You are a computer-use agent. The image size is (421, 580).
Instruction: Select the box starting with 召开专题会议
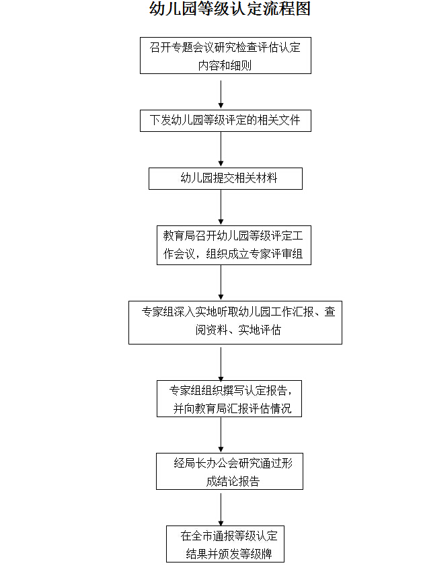[x=225, y=56]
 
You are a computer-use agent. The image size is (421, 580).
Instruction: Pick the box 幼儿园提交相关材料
[x=225, y=178]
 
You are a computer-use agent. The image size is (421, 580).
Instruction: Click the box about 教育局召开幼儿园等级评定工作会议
[x=234, y=245]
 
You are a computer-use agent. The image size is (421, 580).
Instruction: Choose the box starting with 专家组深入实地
[x=235, y=322]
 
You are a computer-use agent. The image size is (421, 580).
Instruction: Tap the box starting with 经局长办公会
[x=229, y=471]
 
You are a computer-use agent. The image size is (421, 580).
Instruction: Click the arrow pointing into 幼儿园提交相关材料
[x=221, y=149]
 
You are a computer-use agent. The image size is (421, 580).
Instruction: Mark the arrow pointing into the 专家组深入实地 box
[x=221, y=283]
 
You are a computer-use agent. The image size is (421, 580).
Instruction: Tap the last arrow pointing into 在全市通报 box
[x=221, y=508]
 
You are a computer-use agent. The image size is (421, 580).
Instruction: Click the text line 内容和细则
[x=225, y=65]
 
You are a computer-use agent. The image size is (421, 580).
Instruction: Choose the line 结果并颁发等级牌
[x=229, y=554]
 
